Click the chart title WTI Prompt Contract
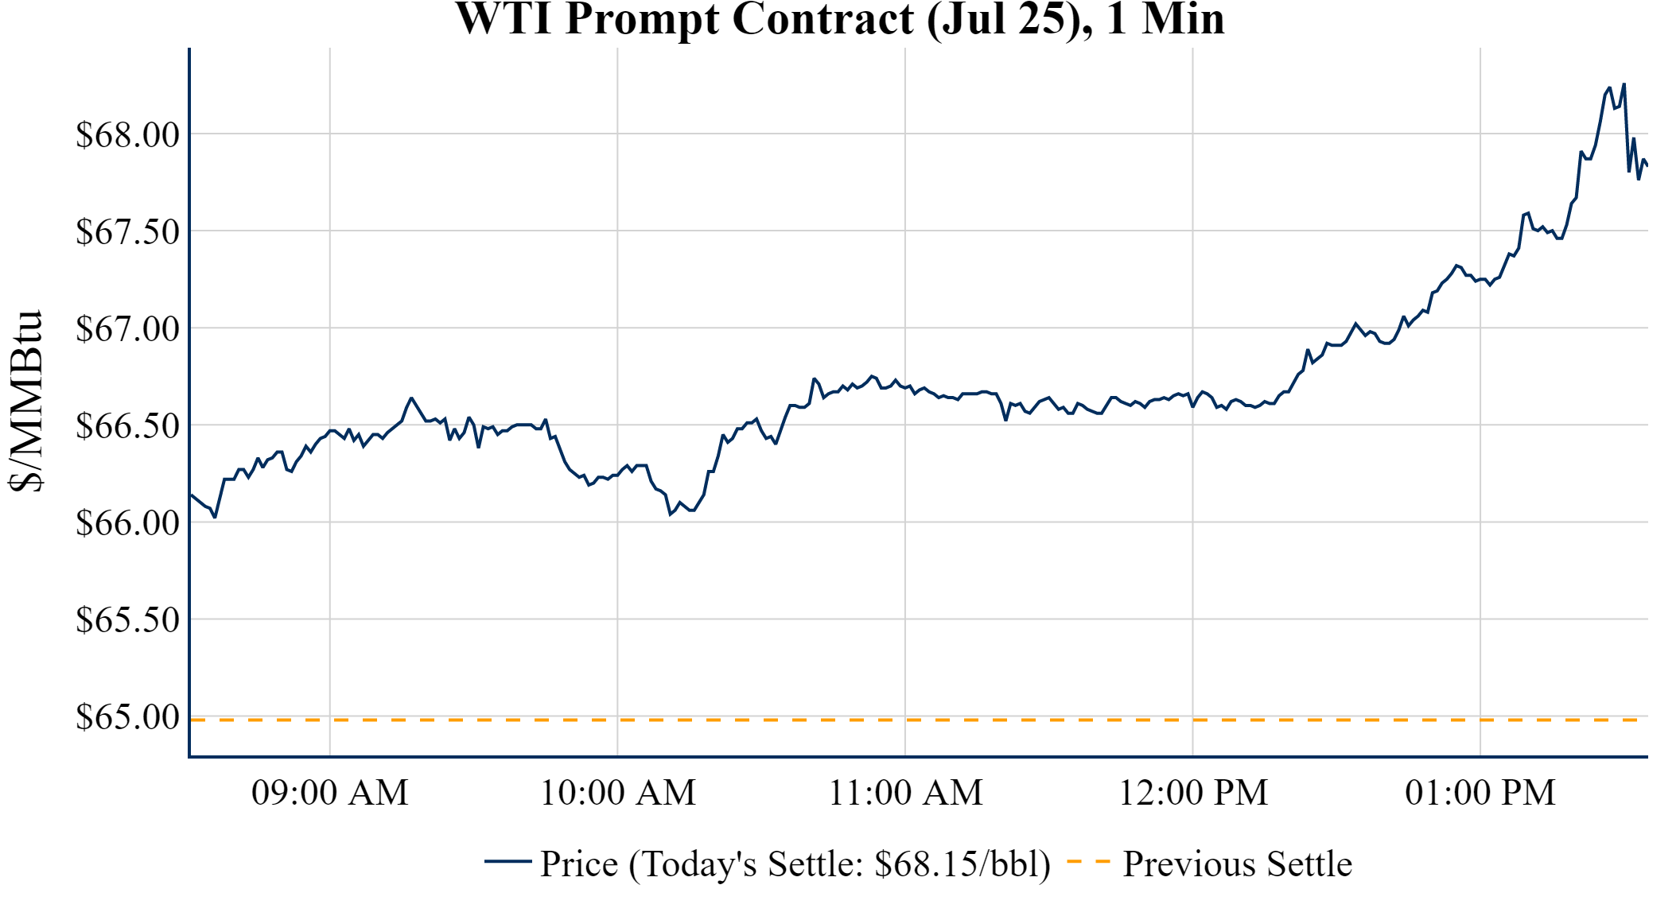(x=839, y=19)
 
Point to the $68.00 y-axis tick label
(x=128, y=134)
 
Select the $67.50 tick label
(x=128, y=231)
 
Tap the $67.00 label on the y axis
(x=128, y=328)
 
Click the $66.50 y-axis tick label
(x=128, y=425)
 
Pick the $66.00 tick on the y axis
(x=128, y=522)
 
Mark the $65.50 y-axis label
(x=128, y=619)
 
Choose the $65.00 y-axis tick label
(x=128, y=716)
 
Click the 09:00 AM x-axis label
(x=330, y=793)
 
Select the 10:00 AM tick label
(x=618, y=793)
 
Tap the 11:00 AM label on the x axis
(x=906, y=793)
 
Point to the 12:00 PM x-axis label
(x=1193, y=793)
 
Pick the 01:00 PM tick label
(x=1480, y=793)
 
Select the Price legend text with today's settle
(x=795, y=864)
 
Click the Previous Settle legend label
(x=1237, y=864)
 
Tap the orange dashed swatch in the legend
(x=1088, y=861)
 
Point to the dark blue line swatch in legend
(x=507, y=861)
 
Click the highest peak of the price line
(x=1624, y=84)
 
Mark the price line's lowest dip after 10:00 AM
(x=671, y=514)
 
